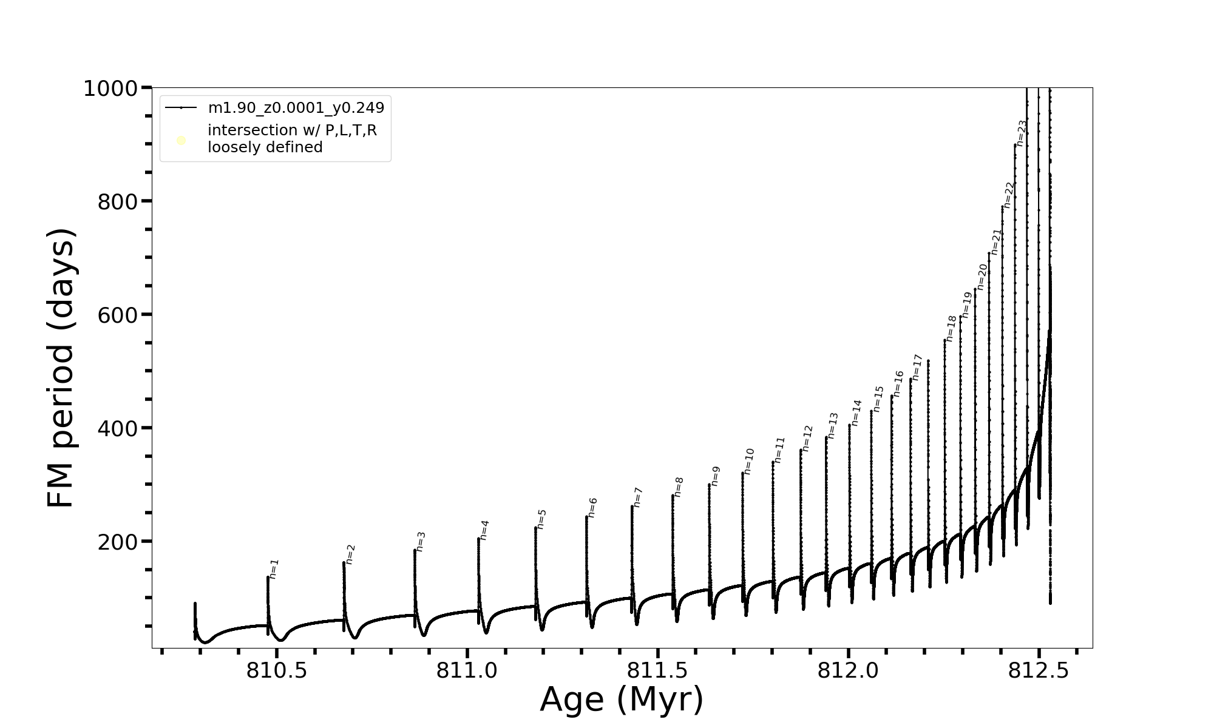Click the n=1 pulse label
274,569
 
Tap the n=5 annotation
541,519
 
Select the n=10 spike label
748,461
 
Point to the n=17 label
917,367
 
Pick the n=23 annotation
1022,133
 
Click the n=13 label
833,425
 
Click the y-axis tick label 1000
112,89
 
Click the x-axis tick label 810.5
277,670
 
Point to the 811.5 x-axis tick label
657,670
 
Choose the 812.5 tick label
1039,670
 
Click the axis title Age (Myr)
622,699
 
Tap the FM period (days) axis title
61,368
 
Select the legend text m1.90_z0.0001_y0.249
296,108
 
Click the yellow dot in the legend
181,141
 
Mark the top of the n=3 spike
415,550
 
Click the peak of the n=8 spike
673,496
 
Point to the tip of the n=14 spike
849,425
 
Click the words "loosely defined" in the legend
265,147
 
